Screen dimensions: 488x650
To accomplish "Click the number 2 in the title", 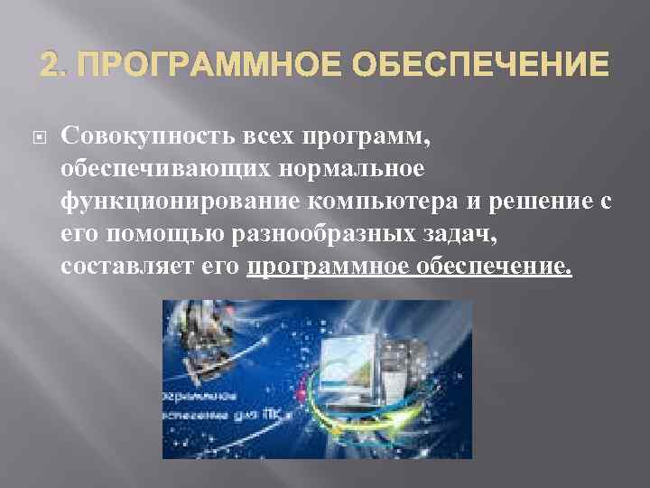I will pos(48,65).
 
